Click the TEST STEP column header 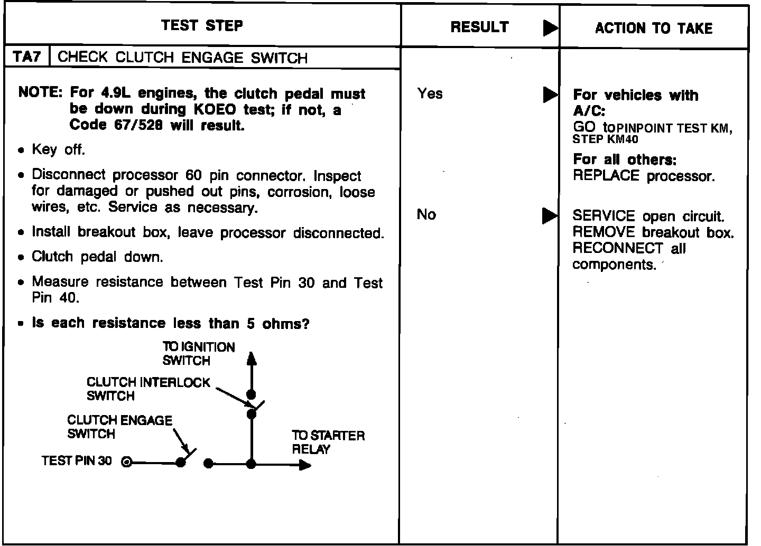coord(202,25)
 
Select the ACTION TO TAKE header coord(654,28)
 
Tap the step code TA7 coord(26,57)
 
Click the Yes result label coord(430,93)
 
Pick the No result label coord(426,214)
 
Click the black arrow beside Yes coord(550,95)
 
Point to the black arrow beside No coord(550,215)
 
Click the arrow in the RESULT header coord(550,28)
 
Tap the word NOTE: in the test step coord(40,93)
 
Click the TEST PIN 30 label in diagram coord(77,461)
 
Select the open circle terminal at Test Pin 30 coord(126,462)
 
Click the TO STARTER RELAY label coord(328,443)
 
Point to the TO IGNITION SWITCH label coord(198,354)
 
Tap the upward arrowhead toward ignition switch coord(252,359)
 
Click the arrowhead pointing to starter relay coord(305,465)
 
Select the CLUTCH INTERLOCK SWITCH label coord(148,389)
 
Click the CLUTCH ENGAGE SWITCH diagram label coord(119,427)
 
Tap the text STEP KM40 coord(605,139)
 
